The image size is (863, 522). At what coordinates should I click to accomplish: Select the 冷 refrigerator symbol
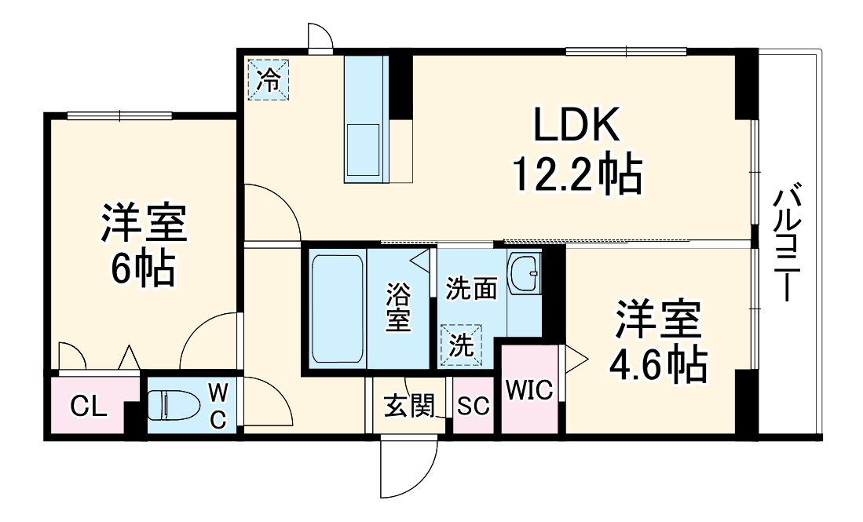[269, 80]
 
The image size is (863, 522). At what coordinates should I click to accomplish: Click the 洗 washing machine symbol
[462, 346]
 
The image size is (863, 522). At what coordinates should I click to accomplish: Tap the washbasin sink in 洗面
[523, 275]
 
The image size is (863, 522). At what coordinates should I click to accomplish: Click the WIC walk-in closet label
[529, 389]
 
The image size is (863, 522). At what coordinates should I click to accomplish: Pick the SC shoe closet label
[474, 407]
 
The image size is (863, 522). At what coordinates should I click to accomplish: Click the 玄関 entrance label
[408, 407]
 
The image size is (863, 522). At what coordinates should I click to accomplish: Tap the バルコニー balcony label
[789, 243]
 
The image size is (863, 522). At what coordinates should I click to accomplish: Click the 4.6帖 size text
[658, 363]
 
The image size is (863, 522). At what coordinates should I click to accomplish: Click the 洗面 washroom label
[471, 289]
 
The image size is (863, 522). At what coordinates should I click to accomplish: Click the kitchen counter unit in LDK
[365, 118]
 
